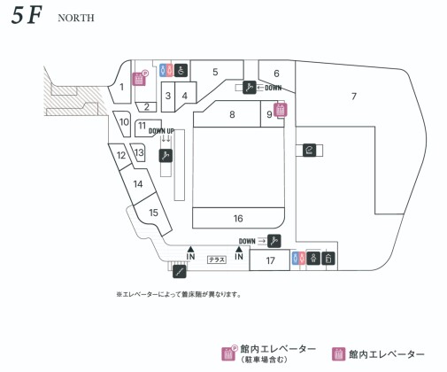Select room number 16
pos(238,218)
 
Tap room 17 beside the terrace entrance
pos(270,260)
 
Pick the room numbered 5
pos(215,72)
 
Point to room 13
pos(139,152)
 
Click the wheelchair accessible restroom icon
pos(181,70)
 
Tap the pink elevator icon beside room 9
pos(281,110)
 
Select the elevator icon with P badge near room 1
pos(139,79)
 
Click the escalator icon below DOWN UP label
pos(166,156)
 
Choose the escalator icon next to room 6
pos(250,88)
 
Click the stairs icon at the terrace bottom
pos(180,272)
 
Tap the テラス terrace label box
pos(217,260)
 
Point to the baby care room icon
pos(313,259)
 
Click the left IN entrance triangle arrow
pos(190,249)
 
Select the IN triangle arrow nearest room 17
pos(239,249)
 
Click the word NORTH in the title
pos(76,18)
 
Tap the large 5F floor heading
pos(27,15)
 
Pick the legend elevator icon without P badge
pos(339,354)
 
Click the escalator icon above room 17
pos(274,241)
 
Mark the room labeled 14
pos(138,184)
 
